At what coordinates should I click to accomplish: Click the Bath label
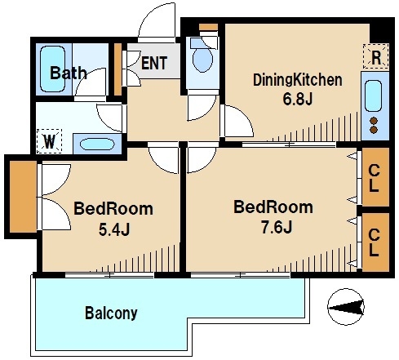(69, 73)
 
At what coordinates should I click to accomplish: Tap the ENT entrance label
(154, 63)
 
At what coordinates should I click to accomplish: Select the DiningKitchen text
(298, 80)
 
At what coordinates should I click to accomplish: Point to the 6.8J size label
(298, 99)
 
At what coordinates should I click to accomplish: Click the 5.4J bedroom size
(114, 229)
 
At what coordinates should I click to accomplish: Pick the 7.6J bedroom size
(277, 227)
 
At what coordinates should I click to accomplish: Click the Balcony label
(111, 313)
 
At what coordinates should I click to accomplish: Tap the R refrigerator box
(375, 56)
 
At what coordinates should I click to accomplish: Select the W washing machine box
(49, 141)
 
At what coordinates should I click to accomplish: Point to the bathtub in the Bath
(52, 69)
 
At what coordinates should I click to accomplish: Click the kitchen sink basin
(373, 96)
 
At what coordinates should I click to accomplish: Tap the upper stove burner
(375, 121)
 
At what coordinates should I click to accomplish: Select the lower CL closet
(375, 242)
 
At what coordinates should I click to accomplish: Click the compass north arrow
(346, 307)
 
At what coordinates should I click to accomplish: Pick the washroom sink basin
(97, 144)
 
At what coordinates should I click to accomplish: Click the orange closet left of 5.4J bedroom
(23, 197)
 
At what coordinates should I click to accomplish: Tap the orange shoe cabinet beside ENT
(117, 69)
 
